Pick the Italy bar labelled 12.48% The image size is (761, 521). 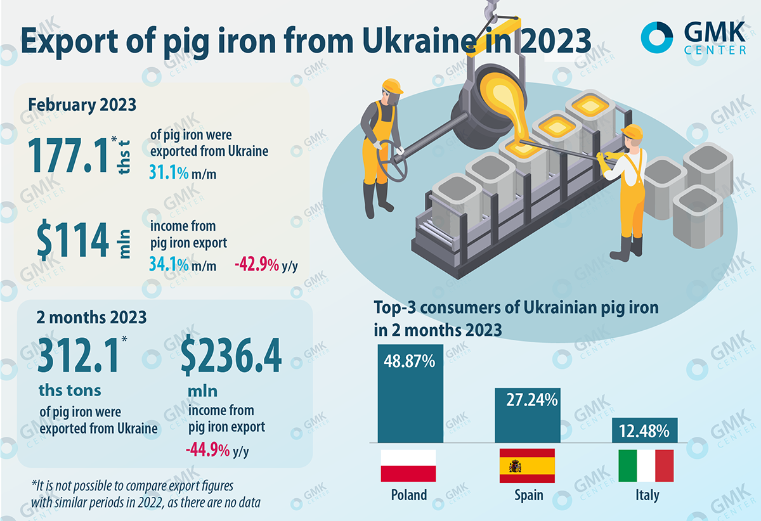tap(646, 430)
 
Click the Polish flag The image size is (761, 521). tap(408, 465)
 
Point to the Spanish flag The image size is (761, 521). tap(527, 465)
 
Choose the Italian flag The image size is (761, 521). tap(646, 465)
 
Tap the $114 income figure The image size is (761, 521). tap(73, 241)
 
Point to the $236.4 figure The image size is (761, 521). tap(231, 357)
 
